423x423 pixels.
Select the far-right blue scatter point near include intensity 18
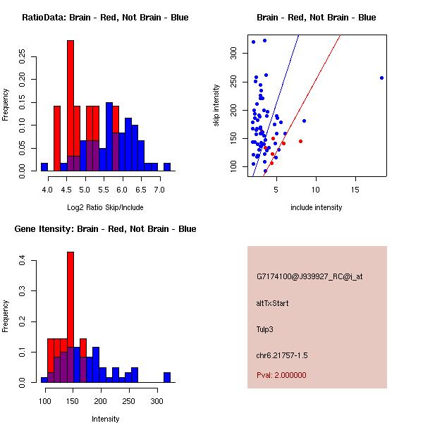coord(381,78)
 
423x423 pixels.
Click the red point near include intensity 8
coord(300,141)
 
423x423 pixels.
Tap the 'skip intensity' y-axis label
coord(216,106)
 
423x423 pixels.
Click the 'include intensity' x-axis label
coord(317,207)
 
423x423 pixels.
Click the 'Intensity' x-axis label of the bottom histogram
coord(106,419)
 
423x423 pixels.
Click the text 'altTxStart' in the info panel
coord(273,303)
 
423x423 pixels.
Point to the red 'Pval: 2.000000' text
coord(281,375)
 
